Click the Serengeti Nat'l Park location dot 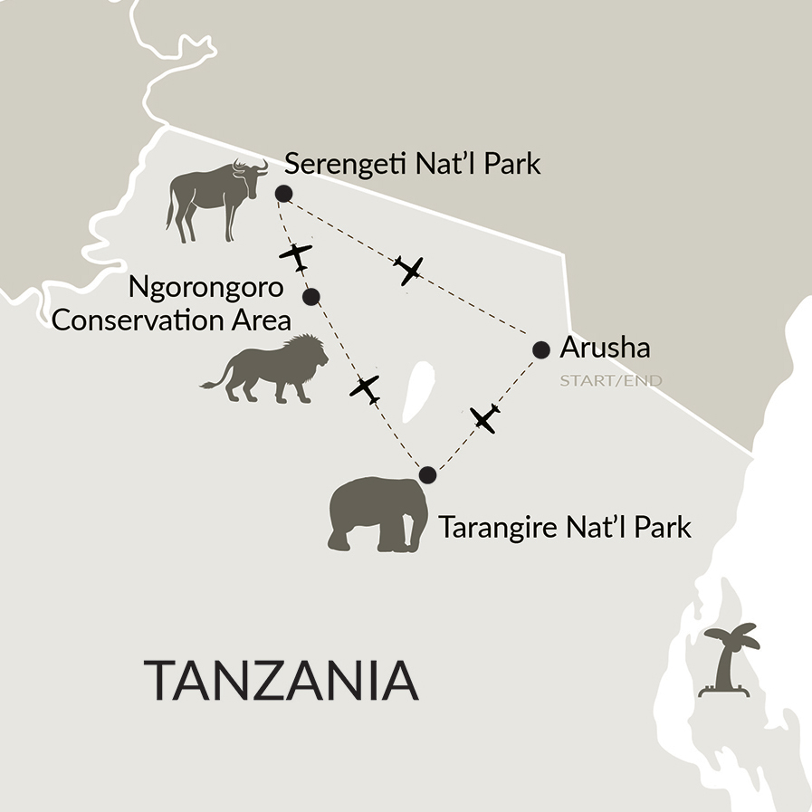[x=283, y=193]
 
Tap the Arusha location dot [x=541, y=349]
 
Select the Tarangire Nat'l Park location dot [x=428, y=474]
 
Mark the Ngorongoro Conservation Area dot [x=311, y=296]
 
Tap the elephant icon [x=378, y=515]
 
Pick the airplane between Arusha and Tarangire [x=485, y=417]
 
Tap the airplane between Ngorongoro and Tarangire [x=364, y=389]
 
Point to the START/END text [x=610, y=380]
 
